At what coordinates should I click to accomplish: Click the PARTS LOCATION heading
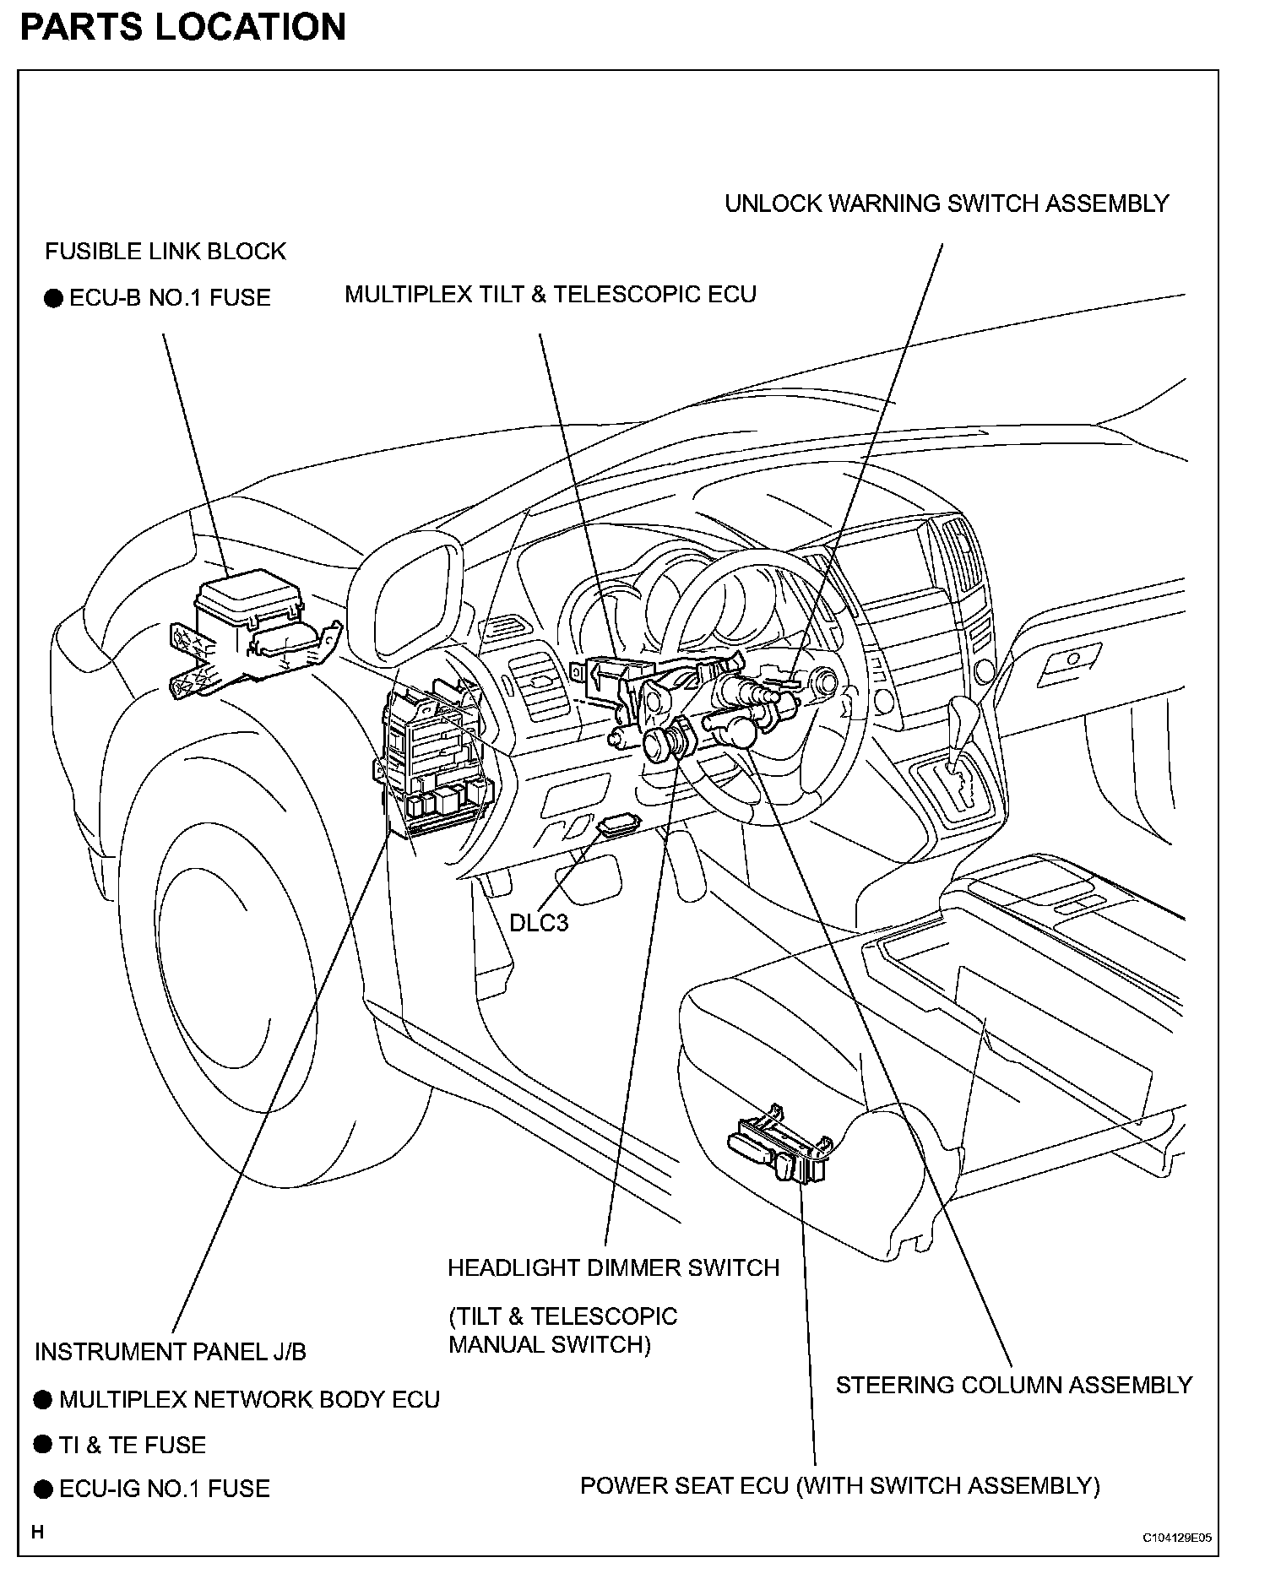pos(182,27)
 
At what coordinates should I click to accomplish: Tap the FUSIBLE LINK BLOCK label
pos(166,251)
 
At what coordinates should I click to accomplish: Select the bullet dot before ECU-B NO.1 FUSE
pos(53,298)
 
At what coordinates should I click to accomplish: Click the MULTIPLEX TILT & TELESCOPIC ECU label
pos(551,295)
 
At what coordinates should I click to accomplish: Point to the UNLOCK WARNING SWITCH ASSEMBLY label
pos(947,203)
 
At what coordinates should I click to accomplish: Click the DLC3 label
pos(539,923)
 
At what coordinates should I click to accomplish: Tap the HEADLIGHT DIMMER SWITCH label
pos(613,1267)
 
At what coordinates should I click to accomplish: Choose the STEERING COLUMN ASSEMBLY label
pos(1013,1385)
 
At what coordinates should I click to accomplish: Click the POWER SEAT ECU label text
pos(839,1485)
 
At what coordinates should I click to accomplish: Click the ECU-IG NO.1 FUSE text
pos(165,1489)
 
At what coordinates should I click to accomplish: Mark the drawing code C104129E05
pos(1177,1538)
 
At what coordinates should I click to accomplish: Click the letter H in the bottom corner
pos(37,1531)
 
